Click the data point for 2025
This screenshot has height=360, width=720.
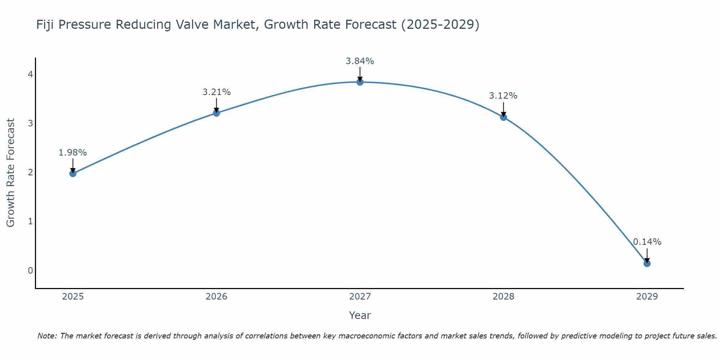pos(73,174)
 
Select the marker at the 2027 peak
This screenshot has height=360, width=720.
pos(360,82)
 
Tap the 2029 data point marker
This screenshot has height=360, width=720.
pos(647,264)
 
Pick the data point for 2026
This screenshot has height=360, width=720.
pos(216,113)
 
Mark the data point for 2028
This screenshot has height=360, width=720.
pos(503,117)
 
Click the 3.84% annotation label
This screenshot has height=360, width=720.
pos(360,61)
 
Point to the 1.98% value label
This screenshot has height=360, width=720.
pos(73,153)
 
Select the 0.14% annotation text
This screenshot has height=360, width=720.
pos(647,242)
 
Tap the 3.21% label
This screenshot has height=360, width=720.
pos(216,92)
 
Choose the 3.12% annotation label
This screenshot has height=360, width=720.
pos(503,96)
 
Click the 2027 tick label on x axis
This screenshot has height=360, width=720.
pos(360,297)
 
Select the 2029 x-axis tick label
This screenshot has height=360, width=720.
pos(647,297)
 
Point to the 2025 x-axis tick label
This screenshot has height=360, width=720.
pos(73,297)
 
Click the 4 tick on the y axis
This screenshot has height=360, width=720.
pos(31,75)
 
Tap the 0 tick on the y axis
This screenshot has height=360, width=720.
pos(31,270)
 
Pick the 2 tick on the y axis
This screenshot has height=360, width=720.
pos(31,172)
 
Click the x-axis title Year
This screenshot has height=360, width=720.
pos(360,315)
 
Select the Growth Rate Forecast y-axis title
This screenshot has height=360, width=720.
pos(11,173)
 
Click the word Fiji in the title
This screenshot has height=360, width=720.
pos(45,25)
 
